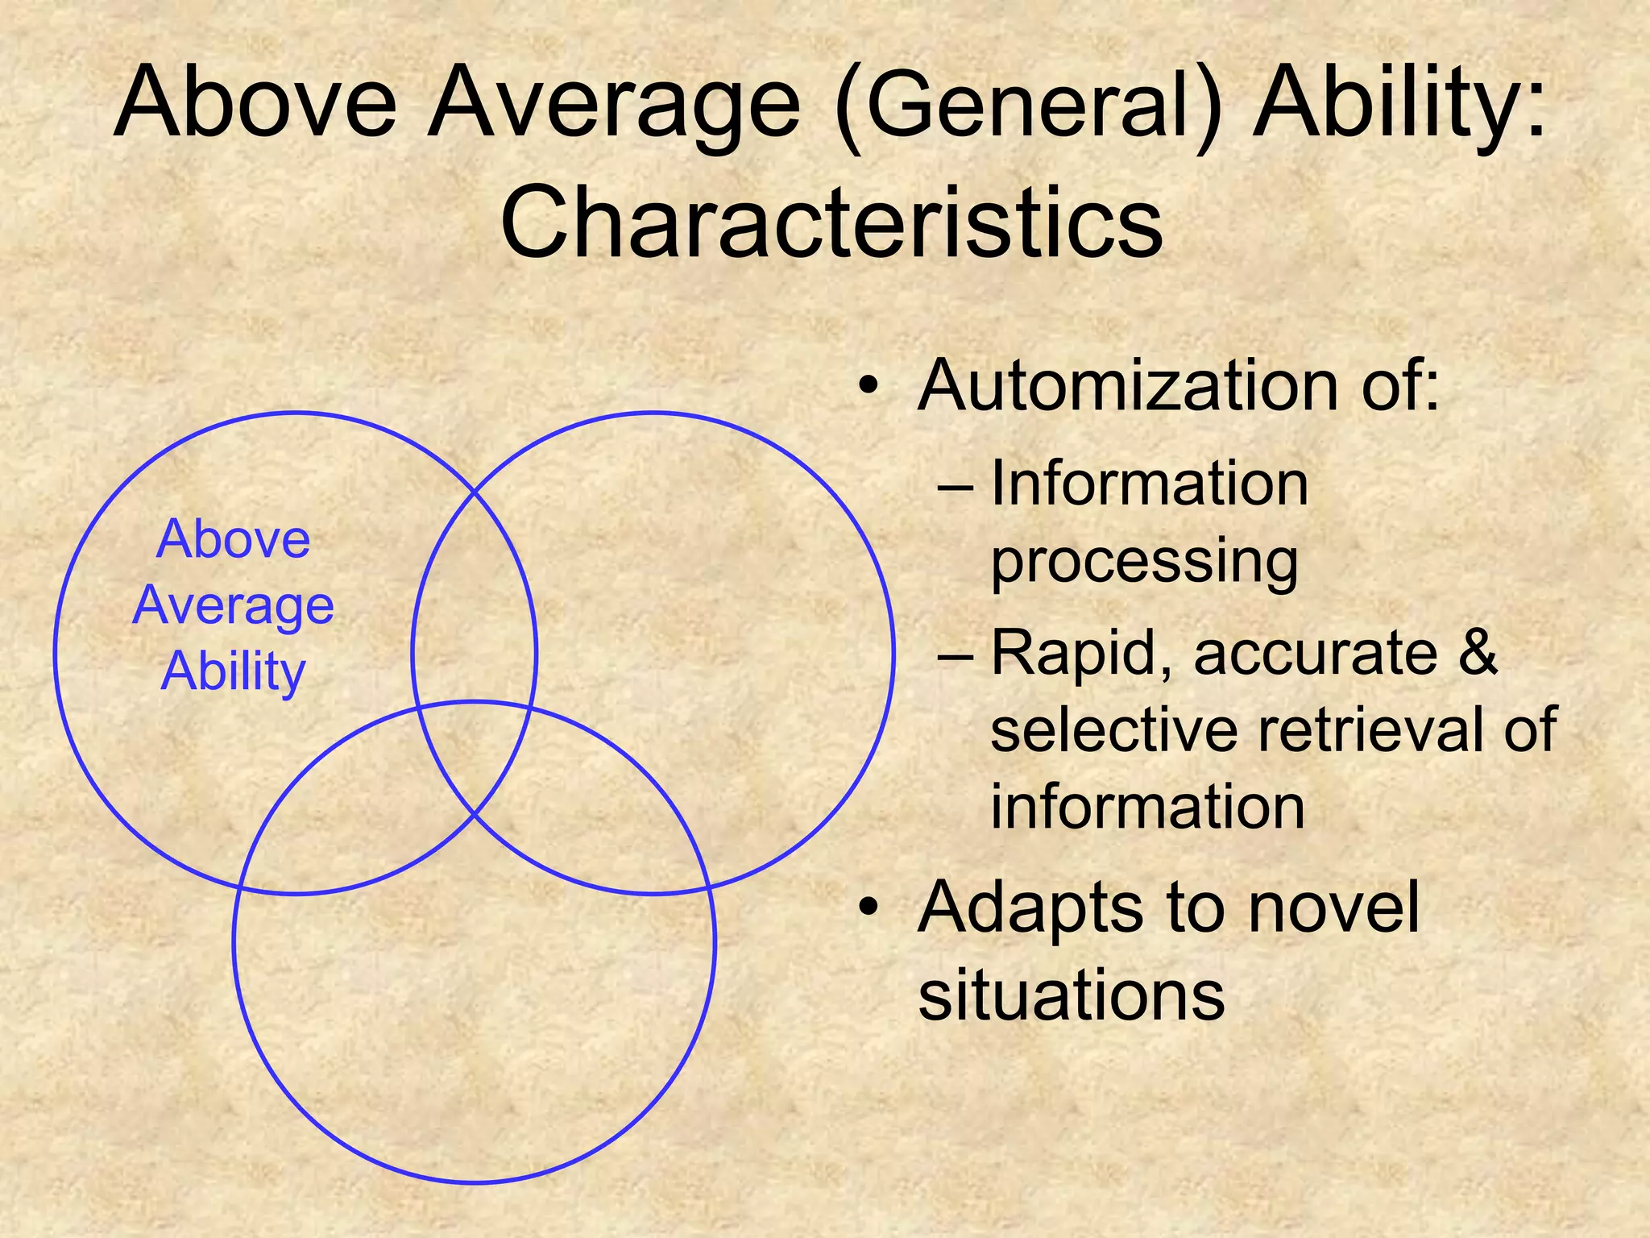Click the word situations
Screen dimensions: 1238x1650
pyautogui.click(x=1072, y=996)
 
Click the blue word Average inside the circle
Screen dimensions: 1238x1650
pyautogui.click(x=234, y=606)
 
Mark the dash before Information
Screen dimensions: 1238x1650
pyautogui.click(x=956, y=488)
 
